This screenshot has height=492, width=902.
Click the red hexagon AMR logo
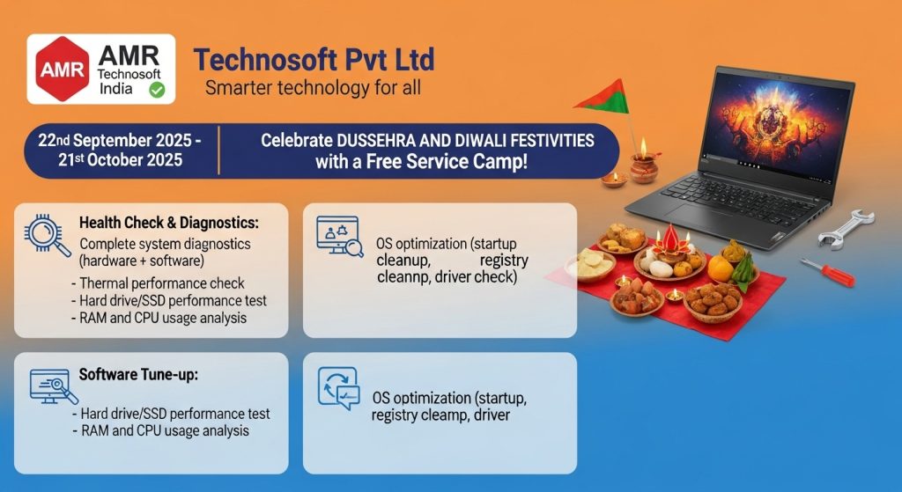(63, 69)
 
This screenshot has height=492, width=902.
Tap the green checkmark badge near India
(157, 90)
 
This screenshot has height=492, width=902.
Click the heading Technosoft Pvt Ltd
(314, 59)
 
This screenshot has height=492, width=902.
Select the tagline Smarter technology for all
(313, 88)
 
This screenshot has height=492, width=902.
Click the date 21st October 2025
(120, 160)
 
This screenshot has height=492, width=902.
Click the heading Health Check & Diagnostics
(169, 223)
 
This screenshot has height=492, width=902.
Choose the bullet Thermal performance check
(159, 283)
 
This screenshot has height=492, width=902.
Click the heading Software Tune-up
(138, 375)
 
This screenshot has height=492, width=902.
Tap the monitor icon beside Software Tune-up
(54, 386)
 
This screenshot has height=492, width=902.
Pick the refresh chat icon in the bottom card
(339, 388)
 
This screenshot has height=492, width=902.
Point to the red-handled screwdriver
(827, 272)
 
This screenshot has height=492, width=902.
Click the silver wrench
(847, 228)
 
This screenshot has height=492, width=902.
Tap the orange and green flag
(603, 97)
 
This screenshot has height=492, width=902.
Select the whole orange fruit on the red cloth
(721, 268)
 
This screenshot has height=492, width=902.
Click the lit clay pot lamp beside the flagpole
(644, 165)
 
